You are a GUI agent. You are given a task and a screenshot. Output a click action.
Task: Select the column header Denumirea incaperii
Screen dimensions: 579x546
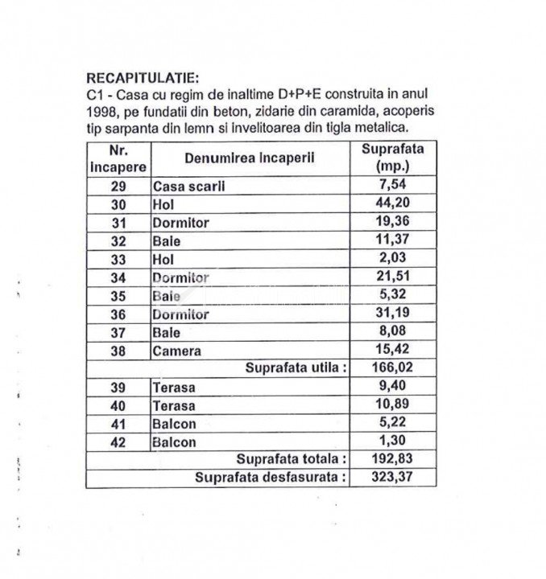coord(249,158)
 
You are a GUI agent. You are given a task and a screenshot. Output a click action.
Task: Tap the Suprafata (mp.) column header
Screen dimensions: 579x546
coord(392,158)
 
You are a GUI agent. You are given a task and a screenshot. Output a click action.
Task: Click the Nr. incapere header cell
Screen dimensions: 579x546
coord(118,158)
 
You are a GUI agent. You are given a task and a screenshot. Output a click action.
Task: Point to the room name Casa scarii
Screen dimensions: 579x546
coord(188,186)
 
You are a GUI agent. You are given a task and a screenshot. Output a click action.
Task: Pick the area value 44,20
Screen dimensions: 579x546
coord(392,204)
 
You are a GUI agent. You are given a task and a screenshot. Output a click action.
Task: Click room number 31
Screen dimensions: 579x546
coord(119,223)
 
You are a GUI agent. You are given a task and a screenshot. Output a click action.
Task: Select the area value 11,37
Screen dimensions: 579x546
coord(392,240)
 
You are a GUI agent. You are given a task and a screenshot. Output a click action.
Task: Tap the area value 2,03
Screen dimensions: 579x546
coord(392,259)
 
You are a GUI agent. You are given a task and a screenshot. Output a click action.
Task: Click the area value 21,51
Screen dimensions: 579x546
coord(392,277)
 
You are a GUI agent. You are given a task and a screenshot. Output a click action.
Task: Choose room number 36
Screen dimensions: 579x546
coord(119,314)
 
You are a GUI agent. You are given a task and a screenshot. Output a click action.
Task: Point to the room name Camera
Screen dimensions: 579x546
coord(176,351)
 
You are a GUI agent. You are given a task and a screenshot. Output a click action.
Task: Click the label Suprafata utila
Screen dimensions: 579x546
coord(296,368)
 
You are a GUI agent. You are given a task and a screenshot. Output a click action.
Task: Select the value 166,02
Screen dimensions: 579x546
coord(392,368)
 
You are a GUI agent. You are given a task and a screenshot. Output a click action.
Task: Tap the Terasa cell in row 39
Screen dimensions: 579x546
coord(173,388)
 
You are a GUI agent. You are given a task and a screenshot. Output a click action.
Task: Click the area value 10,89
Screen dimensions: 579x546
coord(392,405)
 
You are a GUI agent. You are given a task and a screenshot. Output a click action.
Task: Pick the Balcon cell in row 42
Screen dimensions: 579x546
coord(174,441)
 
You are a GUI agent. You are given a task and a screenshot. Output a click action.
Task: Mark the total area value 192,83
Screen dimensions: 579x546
coord(392,459)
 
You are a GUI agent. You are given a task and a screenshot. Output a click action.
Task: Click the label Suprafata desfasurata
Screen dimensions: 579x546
coord(271,478)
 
